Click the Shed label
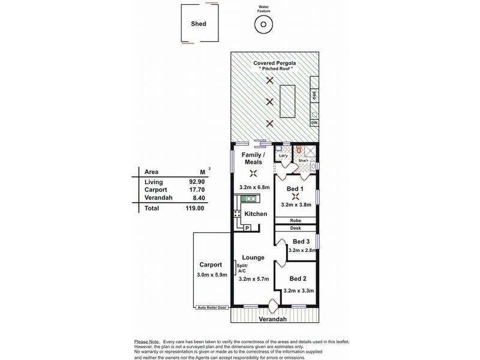click(x=199, y=24)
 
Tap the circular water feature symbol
click(x=262, y=25)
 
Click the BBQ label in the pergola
click(x=314, y=95)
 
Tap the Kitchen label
click(x=256, y=214)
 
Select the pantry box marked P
click(x=246, y=228)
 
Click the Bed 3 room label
click(x=301, y=242)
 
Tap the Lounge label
click(x=253, y=257)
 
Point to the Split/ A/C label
click(x=242, y=268)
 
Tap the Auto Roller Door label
click(x=212, y=308)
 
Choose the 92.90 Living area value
click(x=191, y=181)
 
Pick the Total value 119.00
click(x=191, y=208)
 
